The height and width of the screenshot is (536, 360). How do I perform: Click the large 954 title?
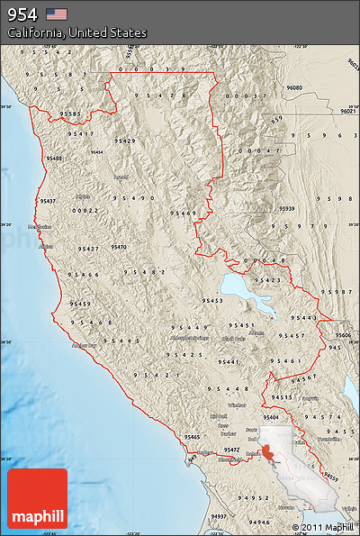coord(23,14)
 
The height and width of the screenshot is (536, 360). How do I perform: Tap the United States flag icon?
coord(57,14)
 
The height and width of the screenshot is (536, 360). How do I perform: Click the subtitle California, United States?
coord(76,32)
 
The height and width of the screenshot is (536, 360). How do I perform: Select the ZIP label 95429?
coord(125,141)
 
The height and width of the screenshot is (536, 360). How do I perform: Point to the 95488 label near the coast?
coord(54,158)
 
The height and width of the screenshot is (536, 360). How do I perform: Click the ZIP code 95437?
coord(47,201)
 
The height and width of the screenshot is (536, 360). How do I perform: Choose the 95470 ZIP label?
coord(119,246)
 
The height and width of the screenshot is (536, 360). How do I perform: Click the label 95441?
coord(228,361)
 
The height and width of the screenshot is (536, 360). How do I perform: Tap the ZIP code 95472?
coord(231,449)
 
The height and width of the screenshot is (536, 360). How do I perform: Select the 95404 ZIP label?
coord(271,418)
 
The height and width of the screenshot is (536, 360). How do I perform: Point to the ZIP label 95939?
coord(287,208)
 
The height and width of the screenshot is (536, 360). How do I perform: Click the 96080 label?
coord(294,87)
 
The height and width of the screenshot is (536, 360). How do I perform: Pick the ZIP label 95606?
coord(344,334)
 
